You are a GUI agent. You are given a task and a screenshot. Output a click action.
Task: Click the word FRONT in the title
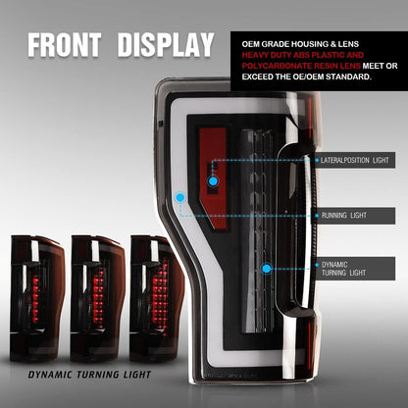[64, 45]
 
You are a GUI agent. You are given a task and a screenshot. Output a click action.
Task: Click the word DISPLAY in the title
[166, 45]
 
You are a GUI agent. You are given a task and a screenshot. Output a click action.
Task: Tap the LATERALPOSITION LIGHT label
[355, 160]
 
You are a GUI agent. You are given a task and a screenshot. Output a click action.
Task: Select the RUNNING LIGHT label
[355, 216]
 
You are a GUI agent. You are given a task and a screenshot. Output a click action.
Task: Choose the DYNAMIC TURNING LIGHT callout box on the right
[355, 269]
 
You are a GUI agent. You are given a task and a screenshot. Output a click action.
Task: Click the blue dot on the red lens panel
[213, 181]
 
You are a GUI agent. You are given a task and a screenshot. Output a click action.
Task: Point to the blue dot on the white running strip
[179, 197]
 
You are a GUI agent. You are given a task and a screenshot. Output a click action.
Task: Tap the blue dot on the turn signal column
[267, 269]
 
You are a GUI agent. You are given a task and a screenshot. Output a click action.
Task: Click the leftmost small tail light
[37, 298]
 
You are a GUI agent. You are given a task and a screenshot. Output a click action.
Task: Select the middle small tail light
[97, 298]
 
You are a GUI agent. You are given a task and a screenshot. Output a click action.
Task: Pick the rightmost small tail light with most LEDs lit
[157, 298]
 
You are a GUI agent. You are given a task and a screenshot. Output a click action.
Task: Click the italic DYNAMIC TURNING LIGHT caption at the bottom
[89, 375]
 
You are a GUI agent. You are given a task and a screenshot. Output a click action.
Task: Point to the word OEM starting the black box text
[251, 44]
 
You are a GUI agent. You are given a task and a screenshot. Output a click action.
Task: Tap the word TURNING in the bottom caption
[98, 375]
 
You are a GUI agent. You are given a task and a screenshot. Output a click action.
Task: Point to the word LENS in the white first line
[348, 44]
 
